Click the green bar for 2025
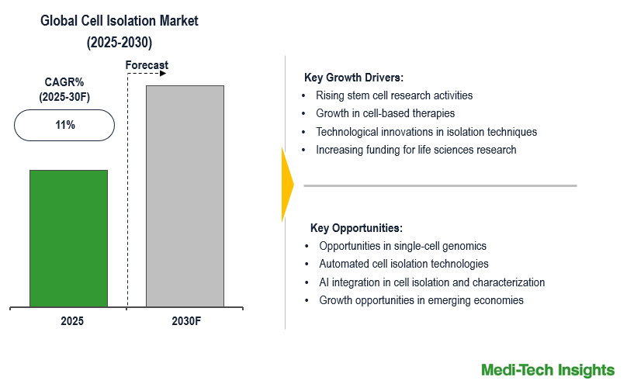point(68,238)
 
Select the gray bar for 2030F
point(185,195)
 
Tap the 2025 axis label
point(72,321)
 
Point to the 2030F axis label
point(185,321)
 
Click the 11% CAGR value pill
point(64,125)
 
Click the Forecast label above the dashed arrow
point(147,65)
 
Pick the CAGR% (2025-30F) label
point(64,88)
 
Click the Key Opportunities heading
point(356,228)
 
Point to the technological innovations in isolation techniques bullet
point(426,132)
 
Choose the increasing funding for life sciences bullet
point(416,150)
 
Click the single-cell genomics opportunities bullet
point(403,246)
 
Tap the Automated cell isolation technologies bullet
point(404,264)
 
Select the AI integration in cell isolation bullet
point(431,282)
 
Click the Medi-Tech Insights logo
point(547,370)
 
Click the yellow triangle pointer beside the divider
point(286,184)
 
